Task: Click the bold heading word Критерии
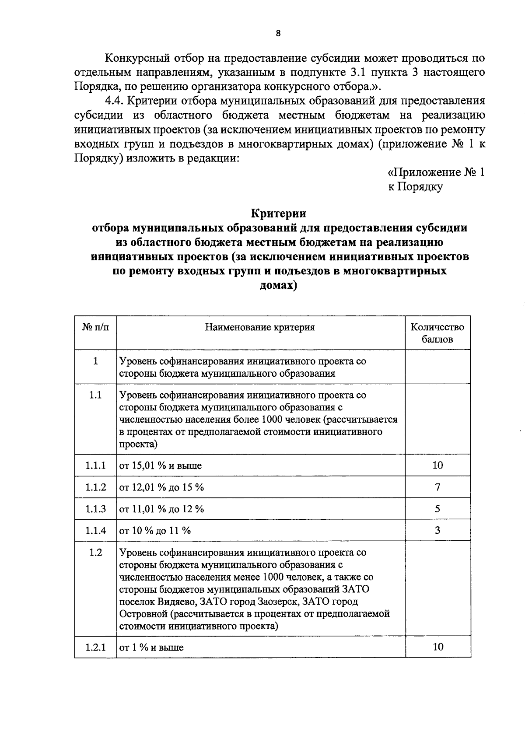(278, 213)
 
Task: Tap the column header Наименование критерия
(260, 327)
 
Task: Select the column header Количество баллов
(437, 333)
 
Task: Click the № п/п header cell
(95, 327)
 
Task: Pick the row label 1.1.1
(95, 465)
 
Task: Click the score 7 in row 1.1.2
(437, 487)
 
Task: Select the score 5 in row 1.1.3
(437, 509)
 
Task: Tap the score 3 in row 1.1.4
(437, 531)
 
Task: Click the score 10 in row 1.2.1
(437, 647)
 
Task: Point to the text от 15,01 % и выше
(161, 465)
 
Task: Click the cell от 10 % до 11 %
(155, 531)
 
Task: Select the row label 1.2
(95, 553)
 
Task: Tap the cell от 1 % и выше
(151, 647)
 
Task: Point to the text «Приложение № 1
(436, 172)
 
